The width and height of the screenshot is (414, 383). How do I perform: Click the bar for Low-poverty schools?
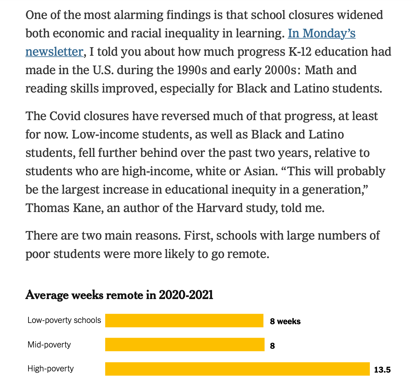(x=184, y=320)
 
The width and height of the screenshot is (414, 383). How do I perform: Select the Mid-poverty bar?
(x=185, y=344)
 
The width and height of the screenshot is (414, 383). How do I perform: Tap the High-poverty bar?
(x=237, y=369)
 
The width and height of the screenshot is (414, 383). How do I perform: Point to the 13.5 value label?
(x=382, y=370)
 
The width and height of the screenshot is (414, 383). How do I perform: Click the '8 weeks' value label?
(x=285, y=321)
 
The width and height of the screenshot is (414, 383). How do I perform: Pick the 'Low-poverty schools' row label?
(x=64, y=320)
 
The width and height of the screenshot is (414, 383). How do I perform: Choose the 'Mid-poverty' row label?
(x=49, y=345)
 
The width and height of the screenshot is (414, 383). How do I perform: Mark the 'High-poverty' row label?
(x=51, y=368)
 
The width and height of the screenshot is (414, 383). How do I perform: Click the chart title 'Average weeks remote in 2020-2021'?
(x=119, y=295)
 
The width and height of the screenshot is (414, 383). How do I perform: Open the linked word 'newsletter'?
(x=54, y=52)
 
